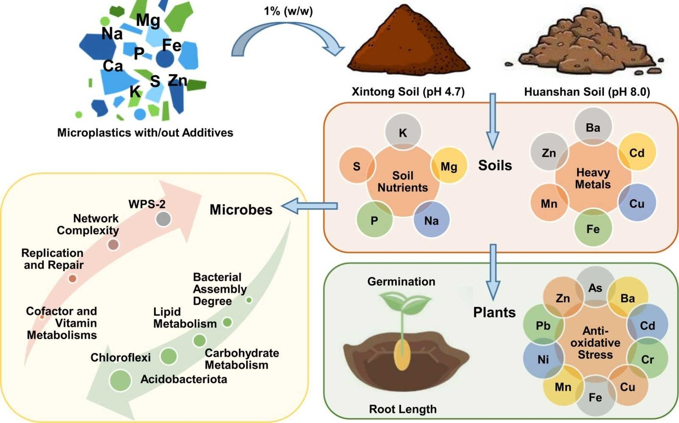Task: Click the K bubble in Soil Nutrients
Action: (403, 132)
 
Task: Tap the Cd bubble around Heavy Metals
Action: (636, 153)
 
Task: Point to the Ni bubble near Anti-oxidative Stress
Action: (543, 359)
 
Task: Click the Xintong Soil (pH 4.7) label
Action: (408, 92)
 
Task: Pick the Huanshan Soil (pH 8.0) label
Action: (587, 92)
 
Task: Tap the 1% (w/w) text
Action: (288, 11)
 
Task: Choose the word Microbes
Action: (241, 210)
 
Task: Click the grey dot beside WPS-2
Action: (163, 219)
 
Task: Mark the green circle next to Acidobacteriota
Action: (120, 380)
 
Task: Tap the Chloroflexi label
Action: (120, 357)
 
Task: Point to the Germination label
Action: (401, 282)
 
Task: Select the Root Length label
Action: (402, 409)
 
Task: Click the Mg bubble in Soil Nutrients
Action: (449, 166)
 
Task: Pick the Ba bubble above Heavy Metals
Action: (593, 127)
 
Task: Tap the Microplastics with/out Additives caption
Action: (145, 133)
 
